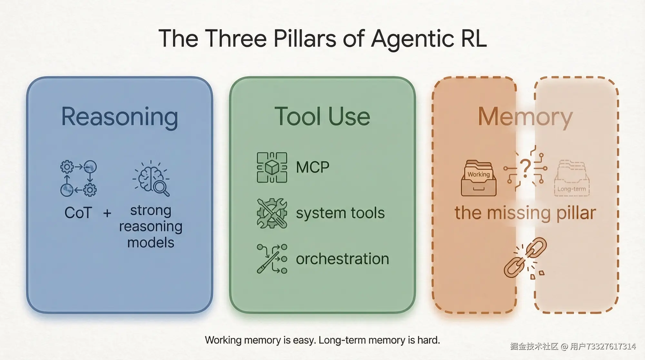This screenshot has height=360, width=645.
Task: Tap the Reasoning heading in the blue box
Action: click(120, 117)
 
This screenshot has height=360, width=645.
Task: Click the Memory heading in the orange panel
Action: click(525, 117)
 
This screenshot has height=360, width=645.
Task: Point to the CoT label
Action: click(78, 213)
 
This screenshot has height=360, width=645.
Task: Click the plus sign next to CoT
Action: click(107, 213)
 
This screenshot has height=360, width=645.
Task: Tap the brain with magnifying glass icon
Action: click(152, 179)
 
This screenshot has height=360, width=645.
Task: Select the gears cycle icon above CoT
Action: click(78, 178)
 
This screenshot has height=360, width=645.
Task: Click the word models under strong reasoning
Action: click(151, 243)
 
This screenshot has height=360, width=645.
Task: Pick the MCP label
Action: click(313, 167)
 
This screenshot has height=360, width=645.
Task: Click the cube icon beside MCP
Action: click(272, 167)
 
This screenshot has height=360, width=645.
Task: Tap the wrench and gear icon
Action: click(272, 213)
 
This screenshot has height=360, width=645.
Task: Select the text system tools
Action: click(340, 213)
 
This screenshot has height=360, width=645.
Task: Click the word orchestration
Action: click(342, 259)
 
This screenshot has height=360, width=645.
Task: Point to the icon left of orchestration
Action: click(272, 259)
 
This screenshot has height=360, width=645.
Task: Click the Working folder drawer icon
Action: click(479, 178)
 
